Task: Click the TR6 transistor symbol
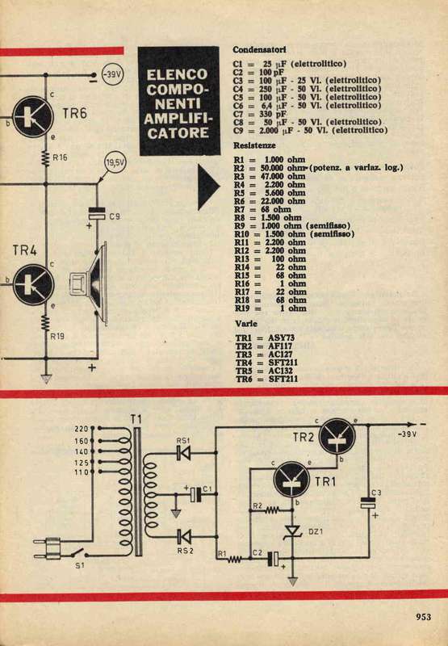33,116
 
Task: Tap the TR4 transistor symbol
33,285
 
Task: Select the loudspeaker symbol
90,283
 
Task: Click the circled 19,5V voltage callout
115,163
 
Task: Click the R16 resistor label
60,157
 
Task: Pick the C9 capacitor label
114,216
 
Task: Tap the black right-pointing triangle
209,187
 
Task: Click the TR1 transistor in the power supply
291,479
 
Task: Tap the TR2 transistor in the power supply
337,436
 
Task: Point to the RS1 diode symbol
184,453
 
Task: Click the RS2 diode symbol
184,536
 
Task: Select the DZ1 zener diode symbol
293,531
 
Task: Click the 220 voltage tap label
82,429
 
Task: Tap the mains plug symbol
48,548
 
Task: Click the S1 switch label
80,566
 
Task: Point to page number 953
423,617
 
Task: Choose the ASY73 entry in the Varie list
281,338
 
